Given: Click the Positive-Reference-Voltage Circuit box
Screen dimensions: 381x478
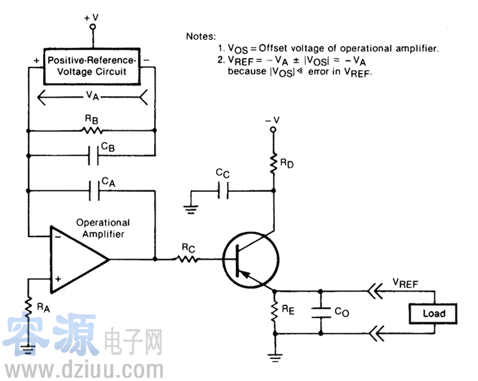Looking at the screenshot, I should tap(91, 66).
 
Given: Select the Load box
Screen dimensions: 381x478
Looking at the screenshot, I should tap(434, 313).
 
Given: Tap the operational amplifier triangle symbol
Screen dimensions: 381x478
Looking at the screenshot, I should tap(78, 260).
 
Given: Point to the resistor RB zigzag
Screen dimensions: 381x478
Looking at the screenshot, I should tap(91, 130).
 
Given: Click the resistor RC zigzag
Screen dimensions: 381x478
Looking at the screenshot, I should tap(188, 260).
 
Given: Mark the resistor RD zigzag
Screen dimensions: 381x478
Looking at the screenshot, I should tap(274, 163).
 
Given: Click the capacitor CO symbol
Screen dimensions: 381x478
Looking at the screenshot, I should tap(321, 312).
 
